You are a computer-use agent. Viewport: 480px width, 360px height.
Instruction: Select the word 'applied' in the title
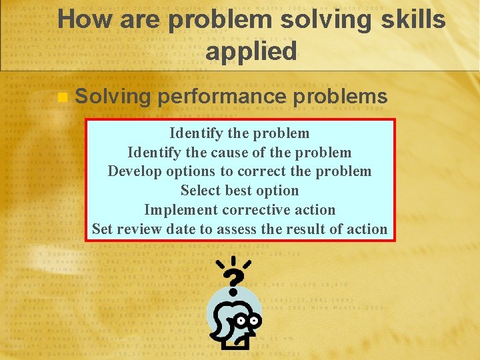[251, 51]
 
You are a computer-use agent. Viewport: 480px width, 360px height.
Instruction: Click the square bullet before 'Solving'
[63, 97]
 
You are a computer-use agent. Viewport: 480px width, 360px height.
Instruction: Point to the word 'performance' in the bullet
[223, 97]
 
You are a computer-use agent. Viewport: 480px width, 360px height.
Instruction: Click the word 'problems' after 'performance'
[341, 97]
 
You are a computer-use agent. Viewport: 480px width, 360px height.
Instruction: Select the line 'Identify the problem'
[239, 133]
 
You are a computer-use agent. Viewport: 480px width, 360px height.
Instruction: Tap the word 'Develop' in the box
[134, 171]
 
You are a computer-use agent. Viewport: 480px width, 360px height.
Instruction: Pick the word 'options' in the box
[192, 171]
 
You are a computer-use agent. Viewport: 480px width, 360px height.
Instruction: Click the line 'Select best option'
[239, 191]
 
